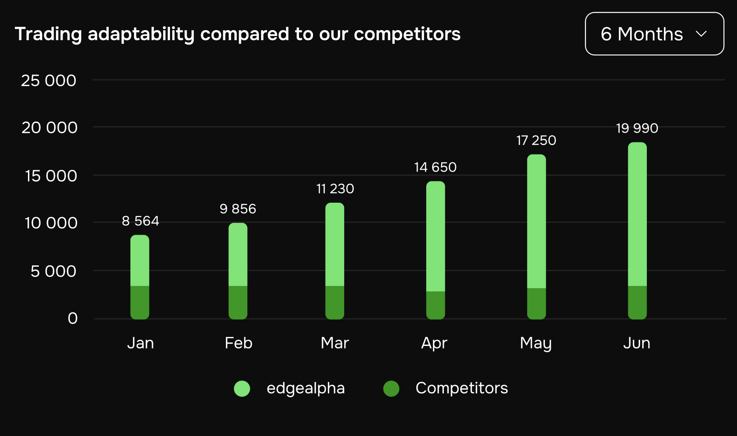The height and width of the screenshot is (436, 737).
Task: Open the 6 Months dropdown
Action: tap(654, 34)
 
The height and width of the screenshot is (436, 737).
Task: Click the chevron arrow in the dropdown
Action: tap(701, 34)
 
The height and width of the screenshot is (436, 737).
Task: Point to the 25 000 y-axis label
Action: tap(49, 81)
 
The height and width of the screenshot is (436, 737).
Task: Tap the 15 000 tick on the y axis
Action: tap(51, 176)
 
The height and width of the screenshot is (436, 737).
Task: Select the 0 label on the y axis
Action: tap(73, 318)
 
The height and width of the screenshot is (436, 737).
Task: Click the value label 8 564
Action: tap(140, 221)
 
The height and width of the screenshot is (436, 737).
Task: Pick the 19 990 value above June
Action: tap(637, 128)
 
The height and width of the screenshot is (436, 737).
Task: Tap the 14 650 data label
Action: tap(435, 167)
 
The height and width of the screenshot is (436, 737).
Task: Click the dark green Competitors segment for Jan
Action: tap(140, 303)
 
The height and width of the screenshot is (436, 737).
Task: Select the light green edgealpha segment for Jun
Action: tap(637, 214)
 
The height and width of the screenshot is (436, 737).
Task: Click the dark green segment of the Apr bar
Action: tap(436, 305)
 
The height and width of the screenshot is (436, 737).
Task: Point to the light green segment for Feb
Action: tap(238, 254)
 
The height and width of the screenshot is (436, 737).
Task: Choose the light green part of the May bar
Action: tap(537, 222)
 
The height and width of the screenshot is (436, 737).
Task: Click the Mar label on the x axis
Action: tap(335, 343)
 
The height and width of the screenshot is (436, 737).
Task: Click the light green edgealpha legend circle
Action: tap(242, 389)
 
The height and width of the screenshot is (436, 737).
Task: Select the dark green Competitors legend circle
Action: tap(391, 389)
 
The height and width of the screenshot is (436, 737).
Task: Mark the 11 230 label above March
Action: tap(335, 189)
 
